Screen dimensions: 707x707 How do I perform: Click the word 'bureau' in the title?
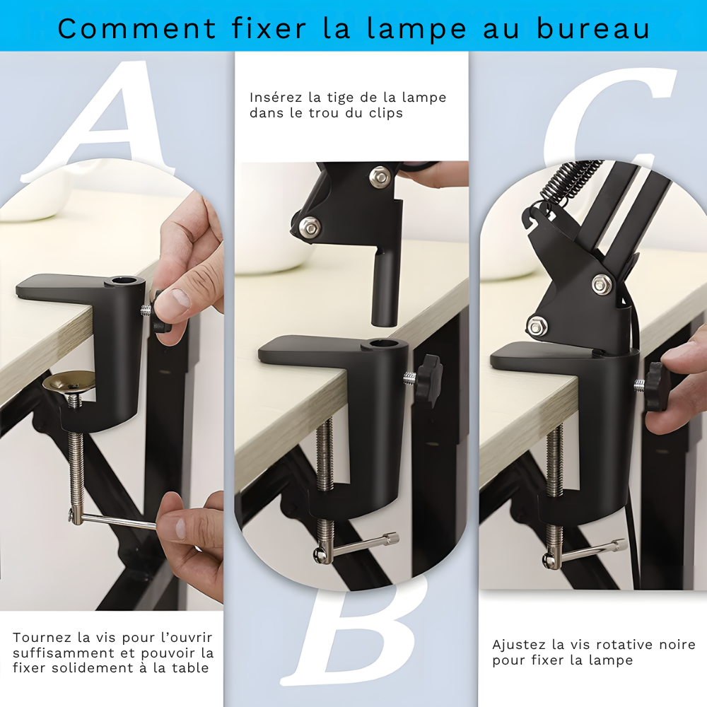593,28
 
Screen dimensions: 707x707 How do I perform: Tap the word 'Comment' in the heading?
137,28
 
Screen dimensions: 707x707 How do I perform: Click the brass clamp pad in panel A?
69,381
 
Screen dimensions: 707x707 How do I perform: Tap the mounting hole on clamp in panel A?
124,282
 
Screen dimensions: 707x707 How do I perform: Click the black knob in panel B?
428,379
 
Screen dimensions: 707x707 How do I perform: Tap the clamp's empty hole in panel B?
380,345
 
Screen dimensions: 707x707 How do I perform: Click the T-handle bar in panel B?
361,546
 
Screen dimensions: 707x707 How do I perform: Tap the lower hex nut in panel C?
536,325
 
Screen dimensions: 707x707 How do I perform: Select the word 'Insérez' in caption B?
276,98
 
